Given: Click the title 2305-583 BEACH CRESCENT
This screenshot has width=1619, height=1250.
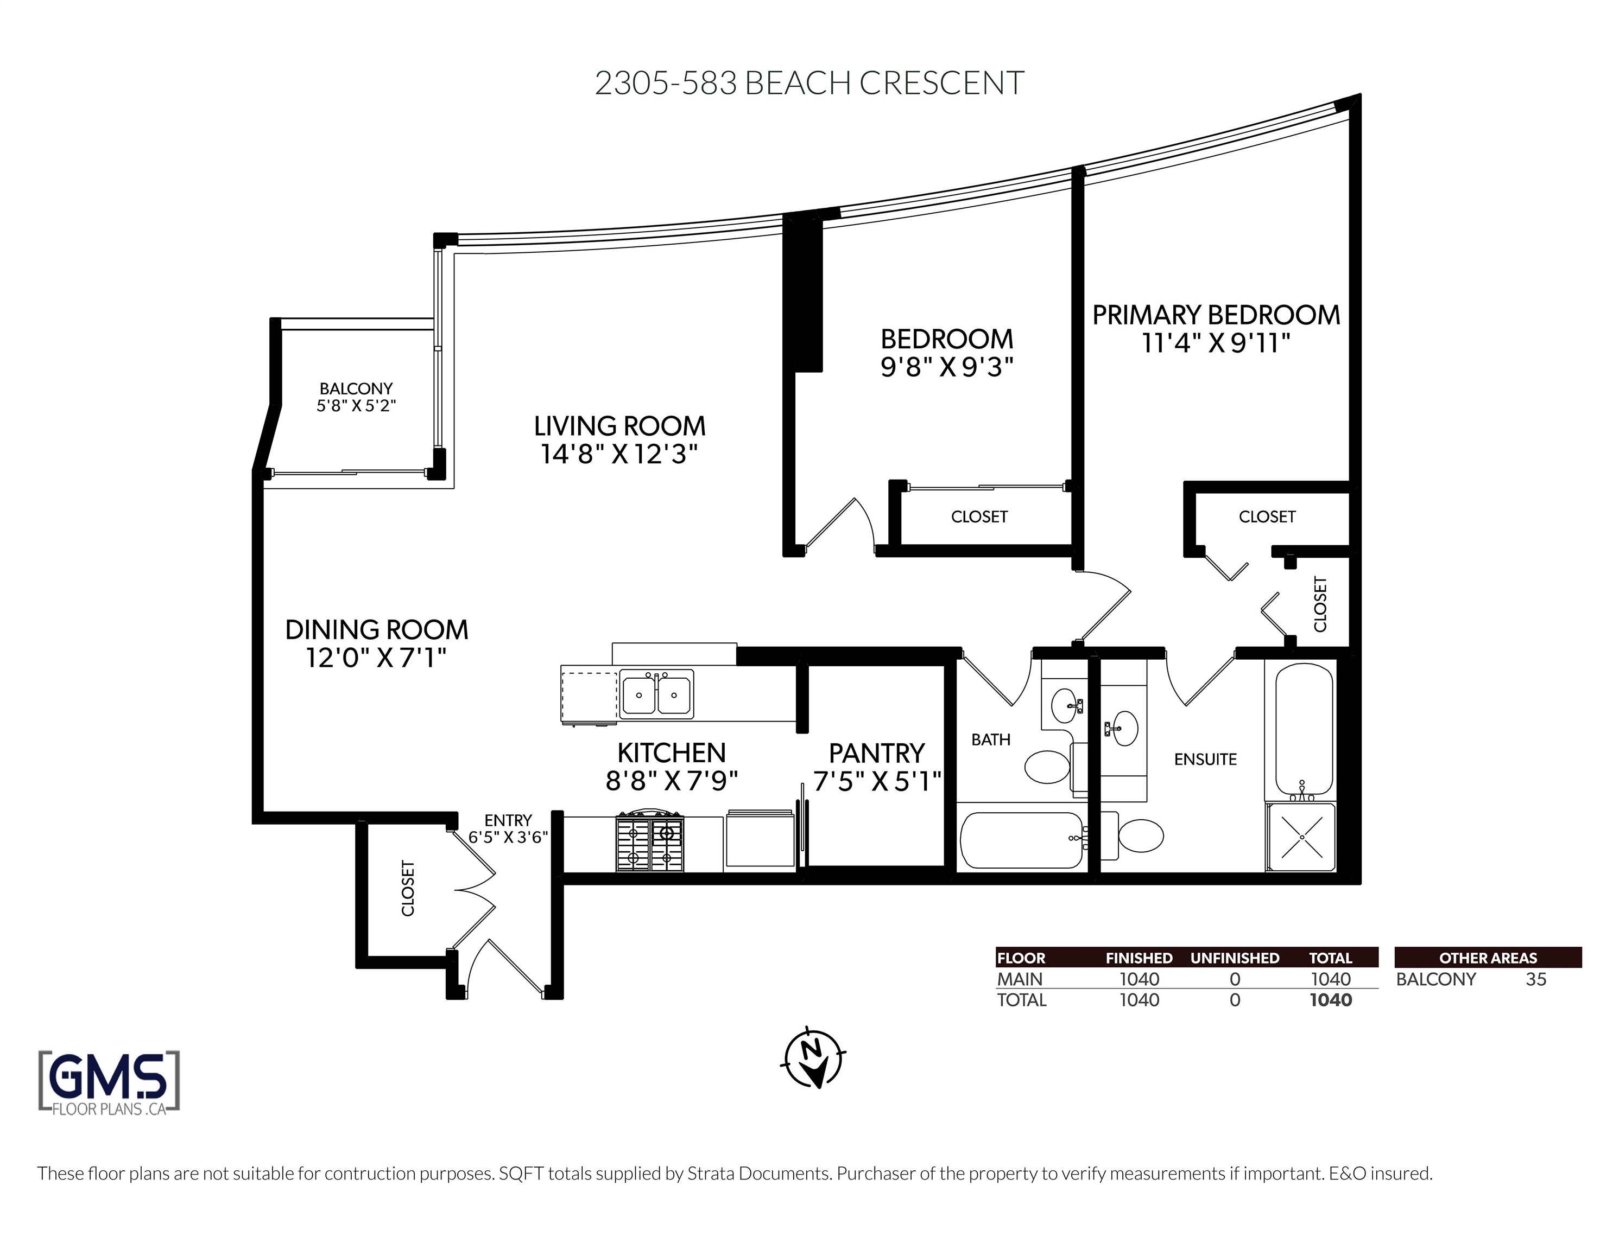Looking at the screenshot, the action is pos(809,83).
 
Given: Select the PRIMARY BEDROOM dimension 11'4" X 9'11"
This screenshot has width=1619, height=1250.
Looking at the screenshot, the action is pos(1217,343).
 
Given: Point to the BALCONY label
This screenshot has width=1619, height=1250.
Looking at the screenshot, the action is pos(356,388).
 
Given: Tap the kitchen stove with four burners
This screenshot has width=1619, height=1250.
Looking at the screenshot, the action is pos(650,843).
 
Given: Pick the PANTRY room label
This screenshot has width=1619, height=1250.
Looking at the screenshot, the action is pos(876,753).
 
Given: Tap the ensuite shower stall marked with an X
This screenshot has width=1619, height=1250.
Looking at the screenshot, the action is pos(1302,837).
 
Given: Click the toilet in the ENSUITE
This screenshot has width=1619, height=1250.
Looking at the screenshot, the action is pos(1134,835).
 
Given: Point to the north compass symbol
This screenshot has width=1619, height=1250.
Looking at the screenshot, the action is pos(813,1058).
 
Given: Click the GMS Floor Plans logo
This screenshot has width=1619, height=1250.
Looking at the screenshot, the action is pos(109,1082).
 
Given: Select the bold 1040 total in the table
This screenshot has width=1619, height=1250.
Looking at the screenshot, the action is pos(1331,1000).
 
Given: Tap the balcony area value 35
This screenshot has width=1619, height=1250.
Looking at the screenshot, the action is pos(1536,980).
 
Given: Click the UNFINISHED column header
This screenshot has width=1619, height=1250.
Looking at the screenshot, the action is pos(1235,958).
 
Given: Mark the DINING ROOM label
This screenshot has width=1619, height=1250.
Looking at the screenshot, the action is pos(377,630).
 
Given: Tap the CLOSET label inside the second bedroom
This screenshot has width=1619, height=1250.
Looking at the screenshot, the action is pos(979,516).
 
